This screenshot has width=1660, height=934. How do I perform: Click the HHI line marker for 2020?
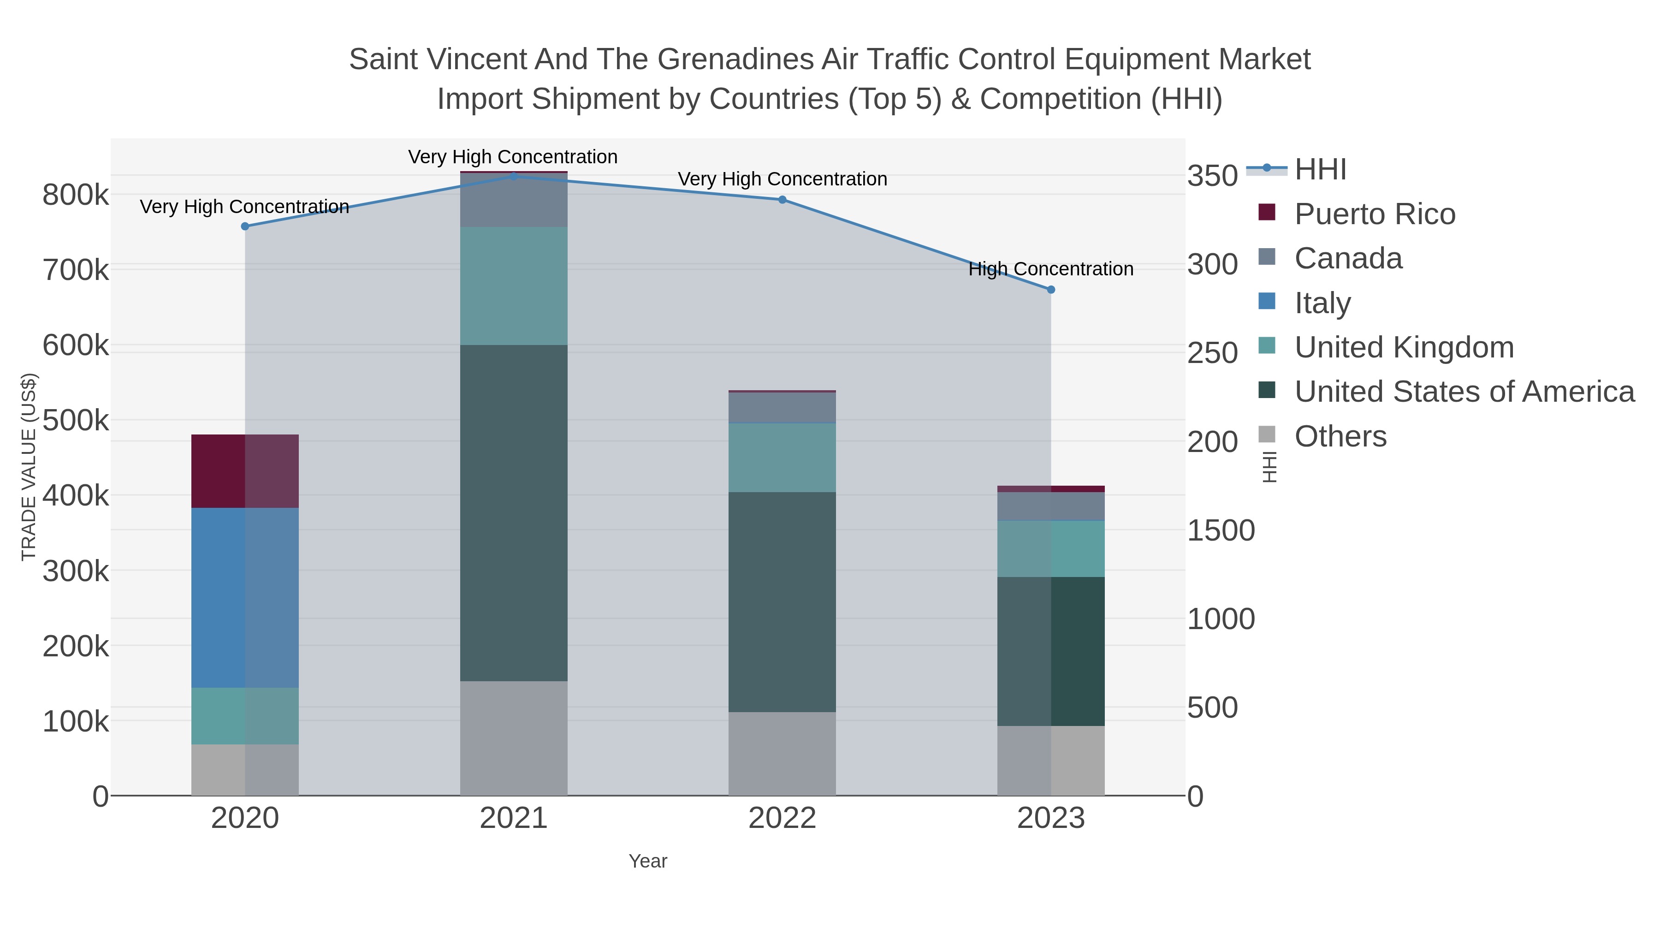(245, 226)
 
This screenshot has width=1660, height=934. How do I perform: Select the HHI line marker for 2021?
(514, 176)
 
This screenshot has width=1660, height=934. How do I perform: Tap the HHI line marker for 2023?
(1051, 290)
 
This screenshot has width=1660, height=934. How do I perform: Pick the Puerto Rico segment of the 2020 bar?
(245, 471)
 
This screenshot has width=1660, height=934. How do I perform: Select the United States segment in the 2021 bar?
(514, 512)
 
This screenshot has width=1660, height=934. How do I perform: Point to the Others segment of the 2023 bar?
(1051, 761)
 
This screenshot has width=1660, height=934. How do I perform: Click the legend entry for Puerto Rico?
(1375, 214)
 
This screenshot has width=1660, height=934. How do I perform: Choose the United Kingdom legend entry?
(1404, 347)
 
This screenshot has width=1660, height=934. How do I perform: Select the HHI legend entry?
(1321, 170)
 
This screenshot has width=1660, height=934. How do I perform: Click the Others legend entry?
(1340, 436)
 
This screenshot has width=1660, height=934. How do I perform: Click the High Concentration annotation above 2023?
(1051, 269)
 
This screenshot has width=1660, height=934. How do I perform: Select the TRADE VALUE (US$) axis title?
(28, 467)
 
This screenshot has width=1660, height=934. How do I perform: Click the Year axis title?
(648, 861)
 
